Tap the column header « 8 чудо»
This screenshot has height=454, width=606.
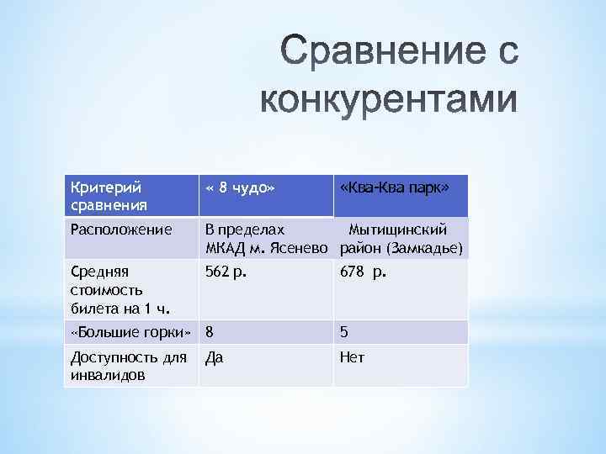coord(241,187)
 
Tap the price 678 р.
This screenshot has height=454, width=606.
coord(363,272)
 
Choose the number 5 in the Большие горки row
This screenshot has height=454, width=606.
coord(344,332)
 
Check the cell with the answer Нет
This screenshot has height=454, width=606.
coord(352,357)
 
